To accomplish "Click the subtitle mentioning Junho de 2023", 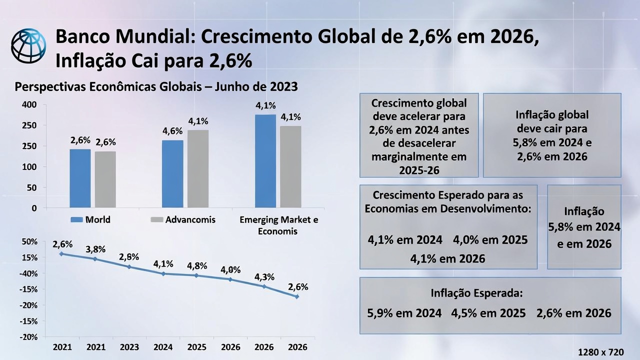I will click(x=156, y=87).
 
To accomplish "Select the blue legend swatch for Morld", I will click(x=76, y=220).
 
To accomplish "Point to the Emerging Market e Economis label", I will click(x=278, y=225).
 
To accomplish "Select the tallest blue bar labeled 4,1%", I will click(x=265, y=160).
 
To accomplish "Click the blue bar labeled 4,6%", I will click(x=172, y=173).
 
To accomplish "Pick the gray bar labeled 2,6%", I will click(x=105, y=179).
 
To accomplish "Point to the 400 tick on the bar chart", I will click(x=29, y=105).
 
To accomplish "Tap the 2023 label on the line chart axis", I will click(x=129, y=347).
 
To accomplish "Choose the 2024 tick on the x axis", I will click(x=163, y=347).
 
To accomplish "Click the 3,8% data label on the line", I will click(x=95, y=249).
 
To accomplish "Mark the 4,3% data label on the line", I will click(x=264, y=277).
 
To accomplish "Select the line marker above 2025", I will click(x=197, y=275).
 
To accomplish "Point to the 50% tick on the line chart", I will click(x=29, y=242).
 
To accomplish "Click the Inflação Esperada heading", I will click(x=476, y=293).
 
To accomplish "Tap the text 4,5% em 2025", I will click(x=488, y=313).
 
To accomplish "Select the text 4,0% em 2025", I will click(x=490, y=240).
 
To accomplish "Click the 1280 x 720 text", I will click(x=600, y=352).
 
